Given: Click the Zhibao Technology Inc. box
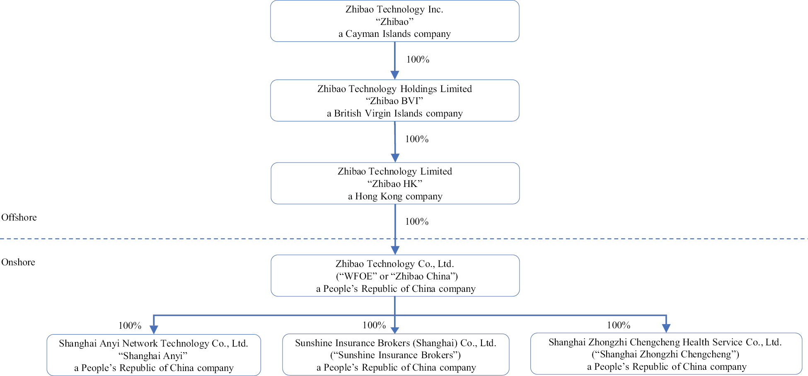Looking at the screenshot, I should [x=394, y=21].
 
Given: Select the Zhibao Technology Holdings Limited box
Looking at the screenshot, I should [x=394, y=100].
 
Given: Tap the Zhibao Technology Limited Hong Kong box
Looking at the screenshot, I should [x=395, y=183].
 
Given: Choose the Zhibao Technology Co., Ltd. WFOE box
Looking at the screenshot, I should [x=395, y=276].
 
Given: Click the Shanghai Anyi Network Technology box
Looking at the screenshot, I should [x=153, y=355].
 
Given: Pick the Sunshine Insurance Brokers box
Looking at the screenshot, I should [x=395, y=355].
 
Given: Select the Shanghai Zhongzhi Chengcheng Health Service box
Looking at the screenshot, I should [x=666, y=354].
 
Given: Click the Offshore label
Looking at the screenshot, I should [x=19, y=217].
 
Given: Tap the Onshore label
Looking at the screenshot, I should [x=18, y=262].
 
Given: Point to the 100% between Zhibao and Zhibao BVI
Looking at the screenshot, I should [x=418, y=59].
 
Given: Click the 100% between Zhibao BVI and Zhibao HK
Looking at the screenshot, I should [x=417, y=139].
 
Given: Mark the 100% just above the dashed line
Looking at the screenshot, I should [x=417, y=221].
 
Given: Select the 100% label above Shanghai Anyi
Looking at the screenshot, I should [x=130, y=325].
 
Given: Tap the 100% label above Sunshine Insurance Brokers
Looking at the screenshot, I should [x=374, y=325].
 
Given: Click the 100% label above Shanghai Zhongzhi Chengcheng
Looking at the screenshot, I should [x=619, y=325].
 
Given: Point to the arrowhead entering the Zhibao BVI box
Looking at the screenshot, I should [x=395, y=75].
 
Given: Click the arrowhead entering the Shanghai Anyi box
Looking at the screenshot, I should [x=154, y=330].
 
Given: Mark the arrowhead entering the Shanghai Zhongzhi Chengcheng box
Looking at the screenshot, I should [x=666, y=328].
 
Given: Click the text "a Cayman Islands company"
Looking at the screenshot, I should [x=394, y=34].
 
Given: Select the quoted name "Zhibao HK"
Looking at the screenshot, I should [x=395, y=184].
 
